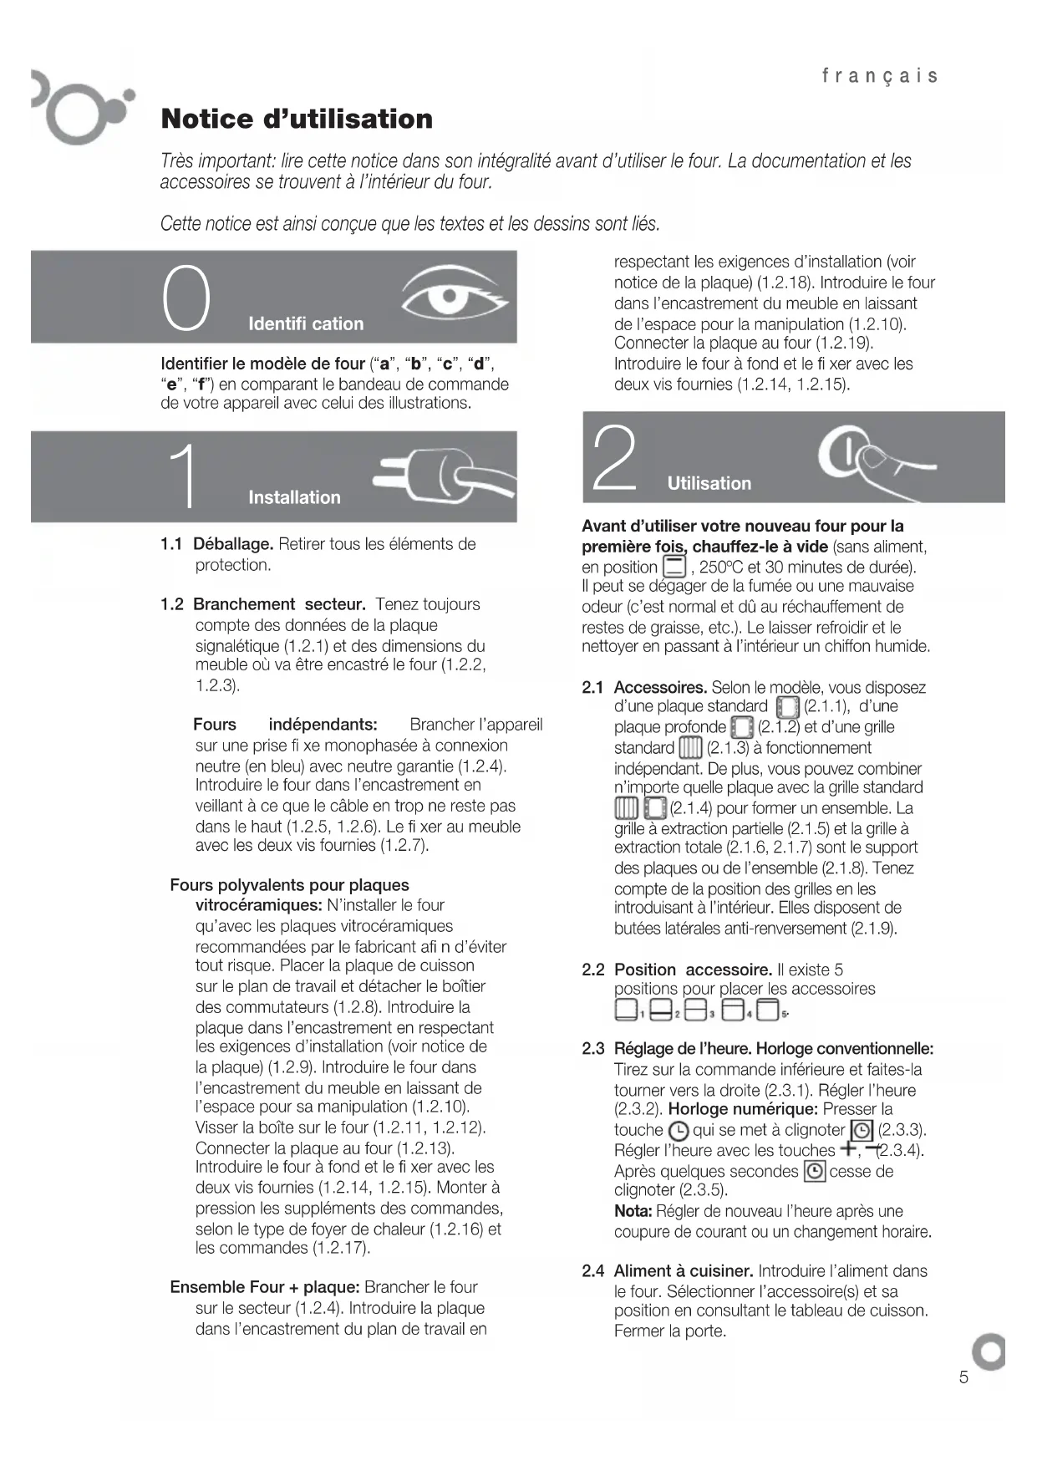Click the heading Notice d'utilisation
click(297, 119)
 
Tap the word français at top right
click(880, 76)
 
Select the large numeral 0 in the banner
click(186, 298)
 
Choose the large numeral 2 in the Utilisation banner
click(613, 457)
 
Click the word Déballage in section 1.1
click(233, 544)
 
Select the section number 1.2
click(171, 604)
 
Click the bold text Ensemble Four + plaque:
click(265, 1287)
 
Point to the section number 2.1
click(592, 688)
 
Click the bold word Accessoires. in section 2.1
click(661, 688)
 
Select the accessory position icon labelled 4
click(733, 1010)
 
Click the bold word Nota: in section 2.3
click(633, 1211)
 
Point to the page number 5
click(963, 1377)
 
